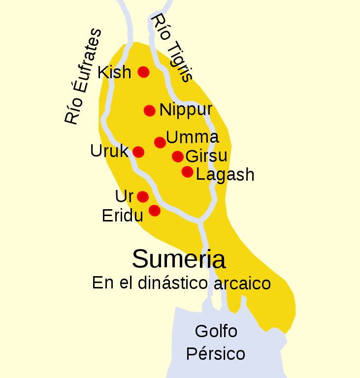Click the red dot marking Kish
pyautogui.click(x=143, y=72)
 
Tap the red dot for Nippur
pyautogui.click(x=150, y=111)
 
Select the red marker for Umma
pyautogui.click(x=160, y=142)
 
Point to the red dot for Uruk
pyautogui.click(x=138, y=152)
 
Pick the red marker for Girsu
pyautogui.click(x=178, y=157)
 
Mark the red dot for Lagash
pyautogui.click(x=187, y=172)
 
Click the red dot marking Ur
pyautogui.click(x=143, y=197)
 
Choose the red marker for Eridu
pyautogui.click(x=155, y=211)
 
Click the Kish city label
pyautogui.click(x=114, y=72)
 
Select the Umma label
pyautogui.click(x=193, y=137)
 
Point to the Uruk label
pyautogui.click(x=109, y=151)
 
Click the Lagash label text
pyautogui.click(x=225, y=175)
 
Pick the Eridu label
pyautogui.click(x=122, y=216)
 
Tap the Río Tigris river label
pyautogui.click(x=170, y=47)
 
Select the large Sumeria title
pyautogui.click(x=179, y=258)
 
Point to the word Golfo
pyautogui.click(x=216, y=331)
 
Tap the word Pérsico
pyautogui.click(x=215, y=354)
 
